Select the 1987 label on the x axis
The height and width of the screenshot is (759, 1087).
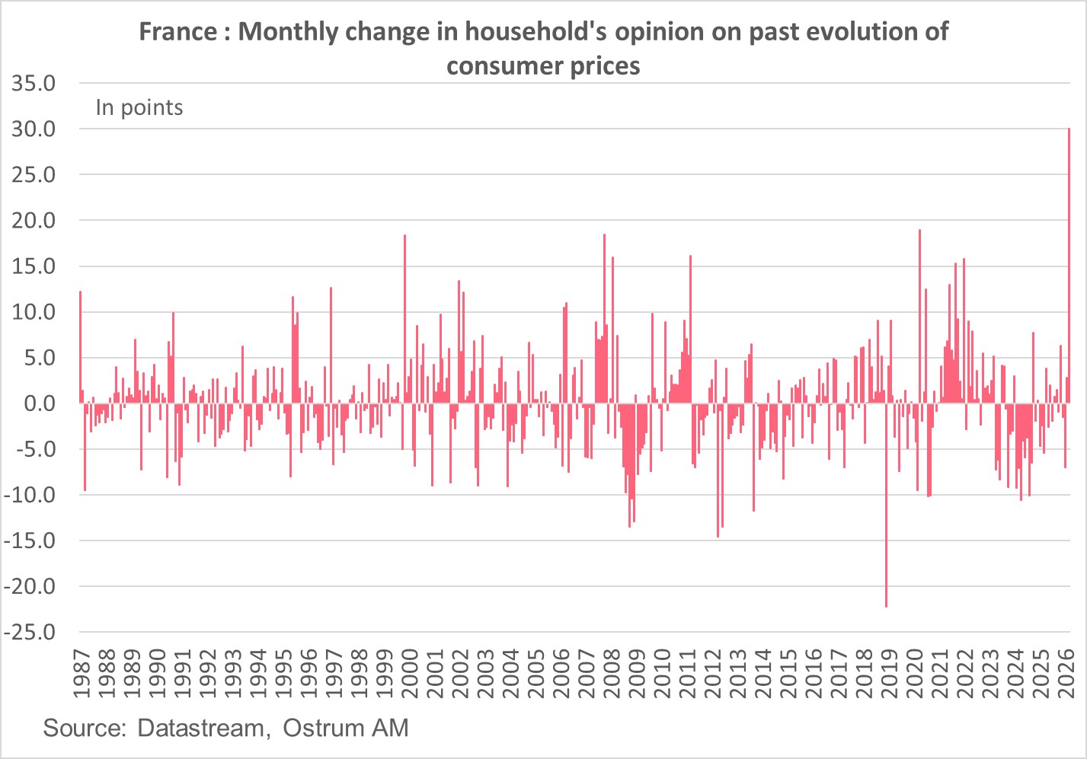[82, 673]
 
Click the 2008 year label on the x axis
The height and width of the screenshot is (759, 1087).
[612, 673]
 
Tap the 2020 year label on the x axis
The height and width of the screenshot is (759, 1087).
[915, 673]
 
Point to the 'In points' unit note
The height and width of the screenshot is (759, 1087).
[139, 108]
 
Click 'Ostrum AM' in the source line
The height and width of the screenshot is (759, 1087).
[346, 728]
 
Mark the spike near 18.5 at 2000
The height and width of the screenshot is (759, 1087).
[404, 320]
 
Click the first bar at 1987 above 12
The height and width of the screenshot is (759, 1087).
[80, 346]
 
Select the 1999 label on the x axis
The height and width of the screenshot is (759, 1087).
[385, 673]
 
